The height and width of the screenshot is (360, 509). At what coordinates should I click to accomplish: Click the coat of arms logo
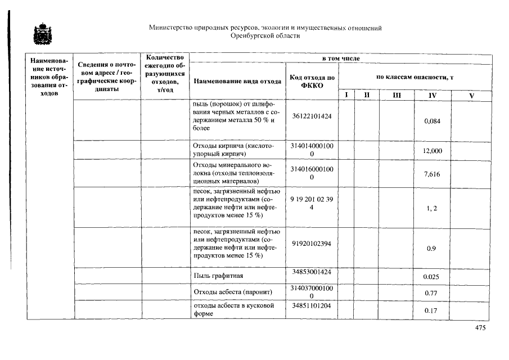click(41, 35)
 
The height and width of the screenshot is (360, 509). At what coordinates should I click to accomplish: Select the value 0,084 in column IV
click(432, 121)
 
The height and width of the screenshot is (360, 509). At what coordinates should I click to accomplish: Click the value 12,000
click(432, 151)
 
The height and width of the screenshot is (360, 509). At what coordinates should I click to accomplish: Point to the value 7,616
click(432, 174)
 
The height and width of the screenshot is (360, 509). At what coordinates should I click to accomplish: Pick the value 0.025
click(432, 276)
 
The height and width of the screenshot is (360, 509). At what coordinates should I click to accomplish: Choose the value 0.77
click(432, 293)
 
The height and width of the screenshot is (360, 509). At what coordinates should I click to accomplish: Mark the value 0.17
click(432, 310)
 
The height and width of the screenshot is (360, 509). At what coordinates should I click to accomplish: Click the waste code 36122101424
click(312, 116)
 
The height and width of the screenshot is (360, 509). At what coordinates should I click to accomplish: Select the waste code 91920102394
click(312, 244)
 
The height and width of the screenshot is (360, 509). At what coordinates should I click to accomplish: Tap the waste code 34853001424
click(312, 272)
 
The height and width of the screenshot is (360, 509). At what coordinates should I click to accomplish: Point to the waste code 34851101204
click(312, 306)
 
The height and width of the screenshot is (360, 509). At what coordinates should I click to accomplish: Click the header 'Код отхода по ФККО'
click(312, 81)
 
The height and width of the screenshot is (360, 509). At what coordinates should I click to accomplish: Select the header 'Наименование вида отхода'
click(237, 81)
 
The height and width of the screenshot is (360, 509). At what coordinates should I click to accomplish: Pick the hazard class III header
click(397, 96)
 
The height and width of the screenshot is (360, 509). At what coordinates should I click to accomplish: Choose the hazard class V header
click(471, 96)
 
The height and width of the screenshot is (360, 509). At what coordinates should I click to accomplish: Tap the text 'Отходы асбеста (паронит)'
click(232, 292)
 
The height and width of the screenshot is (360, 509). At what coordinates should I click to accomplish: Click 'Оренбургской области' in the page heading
click(265, 35)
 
